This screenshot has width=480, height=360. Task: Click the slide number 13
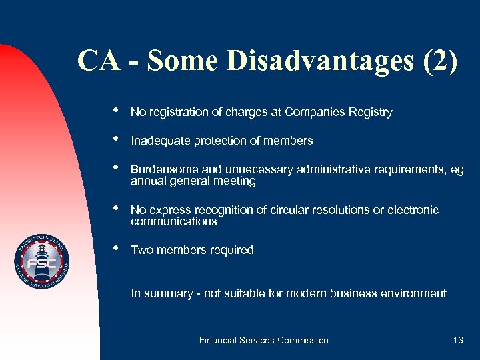[457, 340]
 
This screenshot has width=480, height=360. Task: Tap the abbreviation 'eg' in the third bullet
[457, 170]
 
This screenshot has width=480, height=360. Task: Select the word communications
[173, 221]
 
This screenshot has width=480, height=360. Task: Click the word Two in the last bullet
[141, 250]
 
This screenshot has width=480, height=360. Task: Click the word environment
[414, 293]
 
